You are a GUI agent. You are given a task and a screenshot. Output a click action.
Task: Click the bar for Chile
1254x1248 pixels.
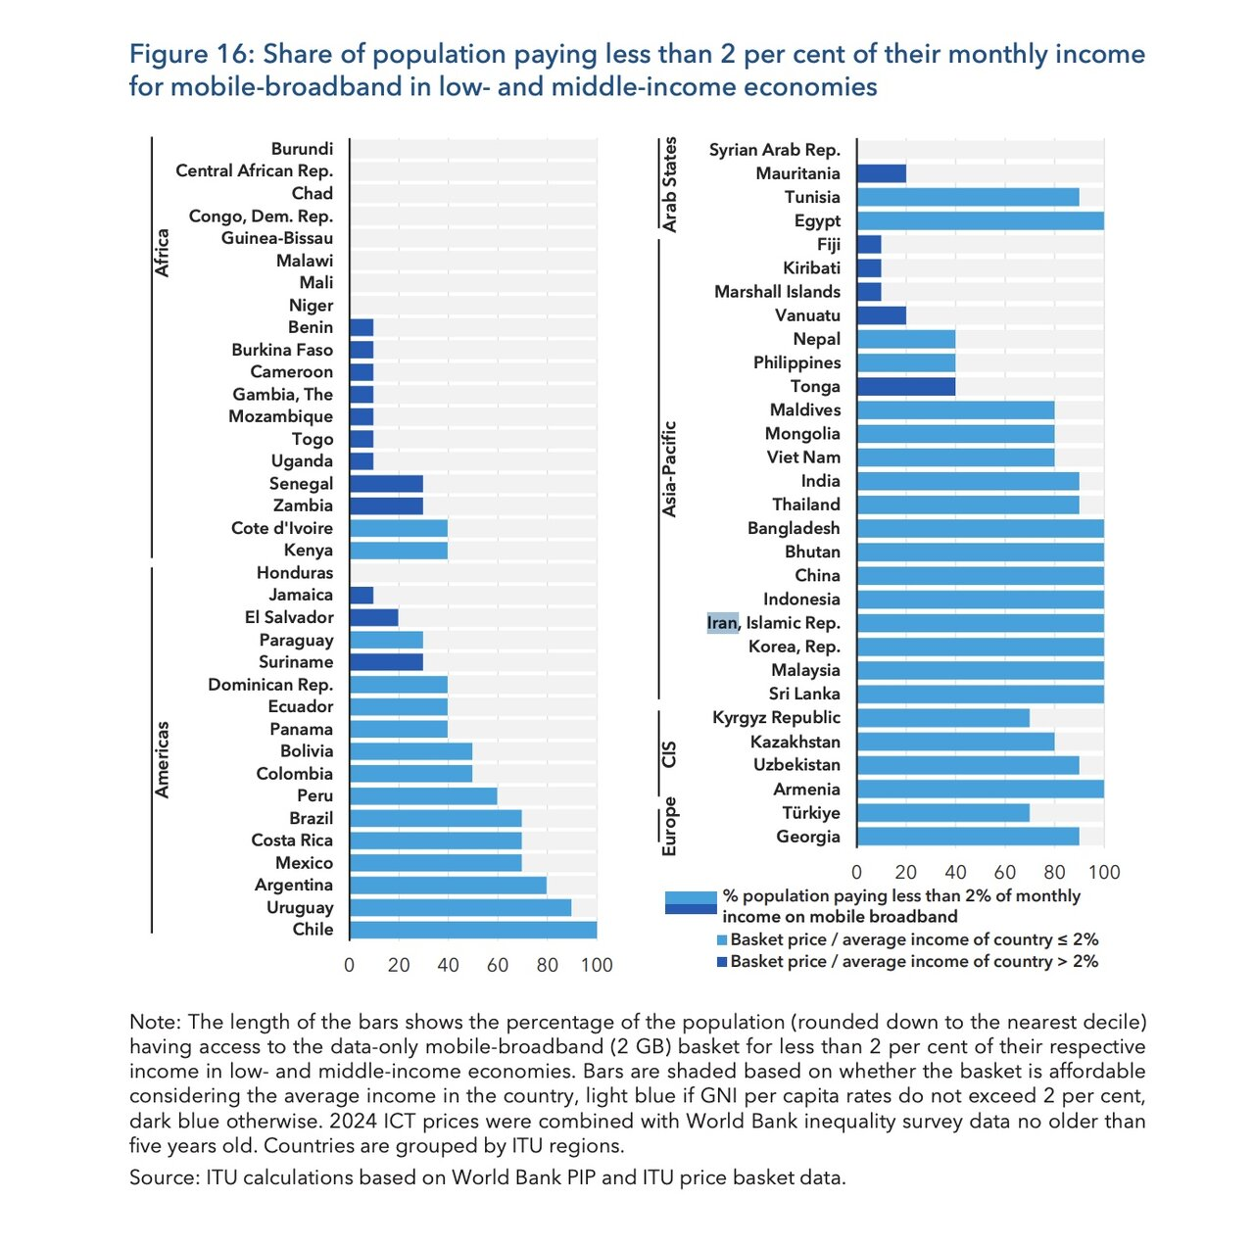pyautogui.click(x=472, y=930)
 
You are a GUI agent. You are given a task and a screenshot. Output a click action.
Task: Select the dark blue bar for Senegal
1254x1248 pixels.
pyautogui.click(x=386, y=484)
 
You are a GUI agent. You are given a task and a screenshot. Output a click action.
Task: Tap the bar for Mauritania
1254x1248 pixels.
pyautogui.click(x=881, y=173)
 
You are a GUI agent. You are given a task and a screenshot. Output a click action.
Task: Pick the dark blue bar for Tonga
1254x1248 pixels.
pyautogui.click(x=905, y=387)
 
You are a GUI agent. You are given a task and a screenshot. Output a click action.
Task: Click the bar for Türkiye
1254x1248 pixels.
pyautogui.click(x=942, y=813)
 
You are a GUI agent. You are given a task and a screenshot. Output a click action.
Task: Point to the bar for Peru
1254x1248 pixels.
pyautogui.click(x=423, y=796)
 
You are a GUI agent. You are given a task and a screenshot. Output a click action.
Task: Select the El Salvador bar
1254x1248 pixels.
pyautogui.click(x=373, y=618)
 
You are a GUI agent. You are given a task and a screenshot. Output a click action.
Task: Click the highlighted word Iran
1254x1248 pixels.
pyautogui.click(x=722, y=623)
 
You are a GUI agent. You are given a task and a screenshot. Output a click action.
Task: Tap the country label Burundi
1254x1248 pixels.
pyautogui.click(x=302, y=149)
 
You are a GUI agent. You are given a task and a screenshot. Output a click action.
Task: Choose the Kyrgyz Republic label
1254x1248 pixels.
pyautogui.click(x=776, y=717)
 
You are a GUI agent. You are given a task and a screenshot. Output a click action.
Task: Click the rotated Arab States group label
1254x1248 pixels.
pyautogui.click(x=670, y=184)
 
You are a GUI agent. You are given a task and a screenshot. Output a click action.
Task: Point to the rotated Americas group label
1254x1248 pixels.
pyautogui.click(x=163, y=759)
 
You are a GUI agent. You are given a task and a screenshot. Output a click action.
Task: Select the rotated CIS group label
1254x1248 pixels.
pyautogui.click(x=669, y=754)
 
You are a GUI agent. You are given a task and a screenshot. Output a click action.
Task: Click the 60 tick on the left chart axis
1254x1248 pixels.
pyautogui.click(x=498, y=965)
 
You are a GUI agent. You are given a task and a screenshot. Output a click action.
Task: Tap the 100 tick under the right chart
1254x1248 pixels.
pyautogui.click(x=1104, y=872)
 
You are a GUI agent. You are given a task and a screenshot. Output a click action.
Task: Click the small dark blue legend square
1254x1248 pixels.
pyautogui.click(x=722, y=962)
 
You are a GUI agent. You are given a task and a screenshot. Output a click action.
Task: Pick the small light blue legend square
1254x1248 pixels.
pyautogui.click(x=722, y=939)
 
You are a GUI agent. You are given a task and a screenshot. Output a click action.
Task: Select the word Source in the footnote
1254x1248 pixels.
pyautogui.click(x=164, y=1177)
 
